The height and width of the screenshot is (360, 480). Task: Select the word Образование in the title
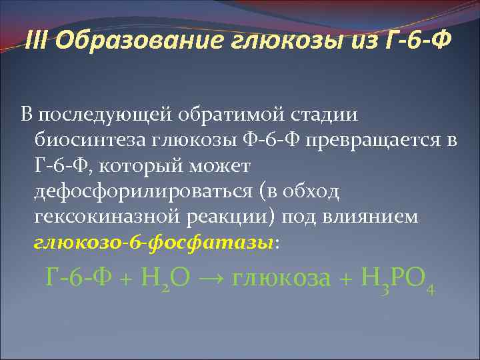tap(141, 42)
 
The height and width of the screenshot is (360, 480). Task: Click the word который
tap(139, 165)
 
